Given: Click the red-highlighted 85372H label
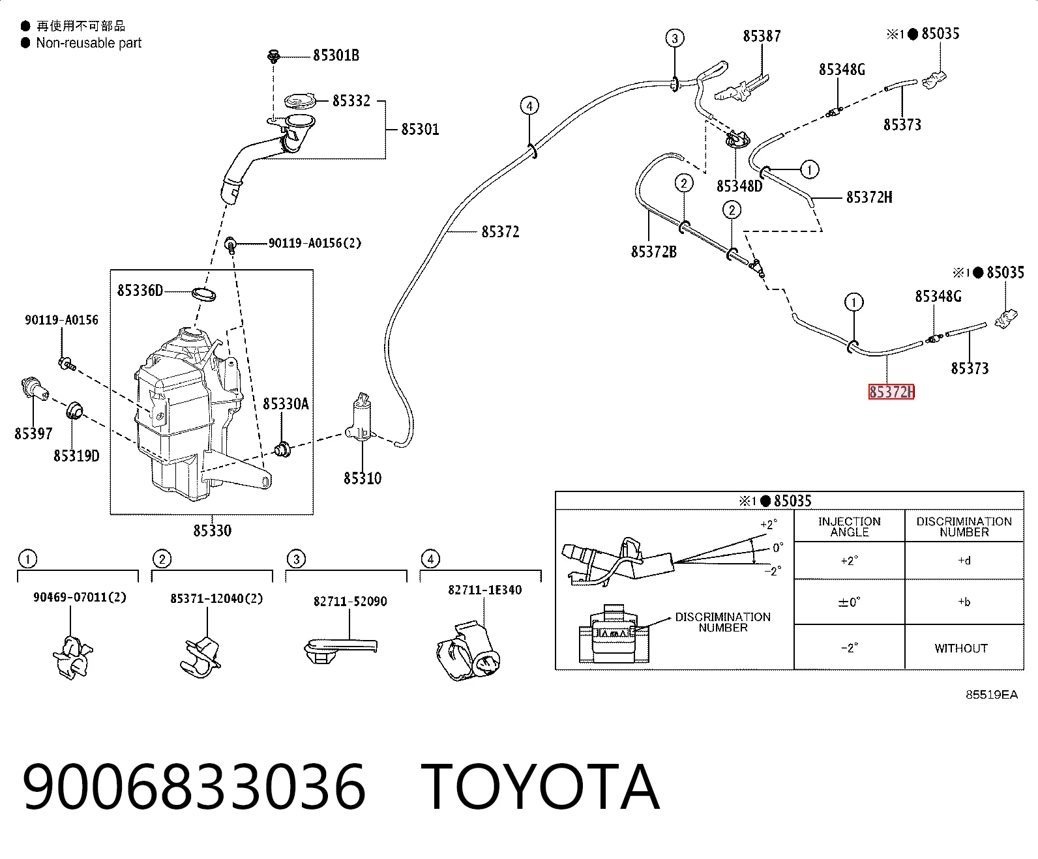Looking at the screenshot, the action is point(891,392).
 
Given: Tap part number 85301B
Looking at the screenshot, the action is point(336,55).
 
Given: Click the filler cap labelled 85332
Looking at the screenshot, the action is point(300,101).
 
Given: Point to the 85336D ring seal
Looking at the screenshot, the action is point(204,295).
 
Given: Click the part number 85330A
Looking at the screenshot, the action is point(286,403).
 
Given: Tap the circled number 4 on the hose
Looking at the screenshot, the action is point(529,106).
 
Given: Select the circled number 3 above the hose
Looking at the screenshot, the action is point(675,38).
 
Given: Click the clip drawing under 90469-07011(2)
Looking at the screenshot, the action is point(72,657).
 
